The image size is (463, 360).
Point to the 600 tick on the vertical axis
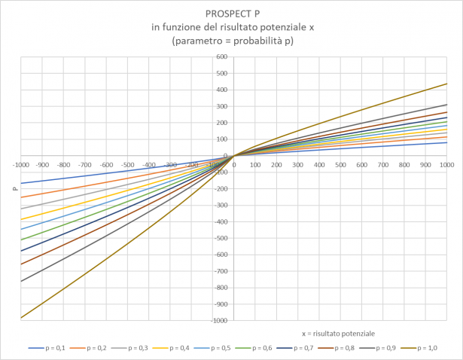(222, 57)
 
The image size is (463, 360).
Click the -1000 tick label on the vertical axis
(220, 321)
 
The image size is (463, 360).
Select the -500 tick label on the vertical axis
(221, 239)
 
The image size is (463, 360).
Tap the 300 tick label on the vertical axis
(222, 107)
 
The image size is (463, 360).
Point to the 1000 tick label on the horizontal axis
(446, 163)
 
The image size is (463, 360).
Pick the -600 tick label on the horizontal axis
(106, 163)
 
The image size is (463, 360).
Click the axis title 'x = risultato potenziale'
(338, 332)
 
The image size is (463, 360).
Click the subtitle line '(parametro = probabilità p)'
(232, 40)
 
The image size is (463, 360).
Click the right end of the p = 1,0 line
(446, 84)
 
